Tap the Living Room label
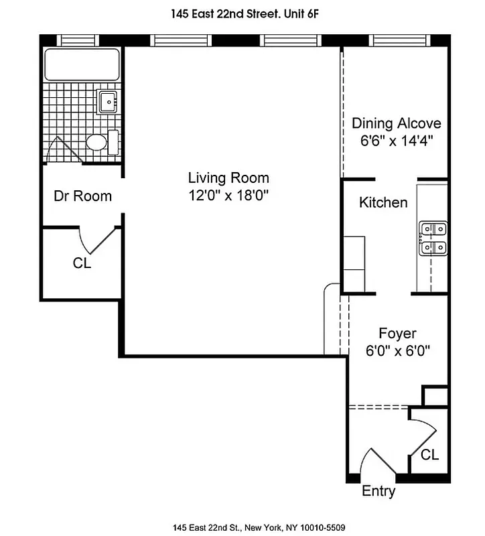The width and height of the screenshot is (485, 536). pos(228,178)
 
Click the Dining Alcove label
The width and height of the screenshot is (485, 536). pos(397,123)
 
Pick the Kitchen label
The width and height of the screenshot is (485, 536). pos(383,202)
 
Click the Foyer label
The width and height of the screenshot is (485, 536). pos(397,333)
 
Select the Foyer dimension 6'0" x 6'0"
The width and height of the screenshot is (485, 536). pos(397,350)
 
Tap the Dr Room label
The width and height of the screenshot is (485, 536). pos(82,196)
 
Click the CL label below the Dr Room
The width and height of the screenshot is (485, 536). pos(82,263)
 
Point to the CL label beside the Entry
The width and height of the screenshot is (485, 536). pos(430,455)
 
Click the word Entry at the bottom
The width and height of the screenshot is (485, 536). pos(378,491)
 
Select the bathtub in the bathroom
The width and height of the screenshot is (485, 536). pos(82,65)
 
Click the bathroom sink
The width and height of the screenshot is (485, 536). pos(108,103)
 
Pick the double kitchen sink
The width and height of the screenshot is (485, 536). pos(433,239)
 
